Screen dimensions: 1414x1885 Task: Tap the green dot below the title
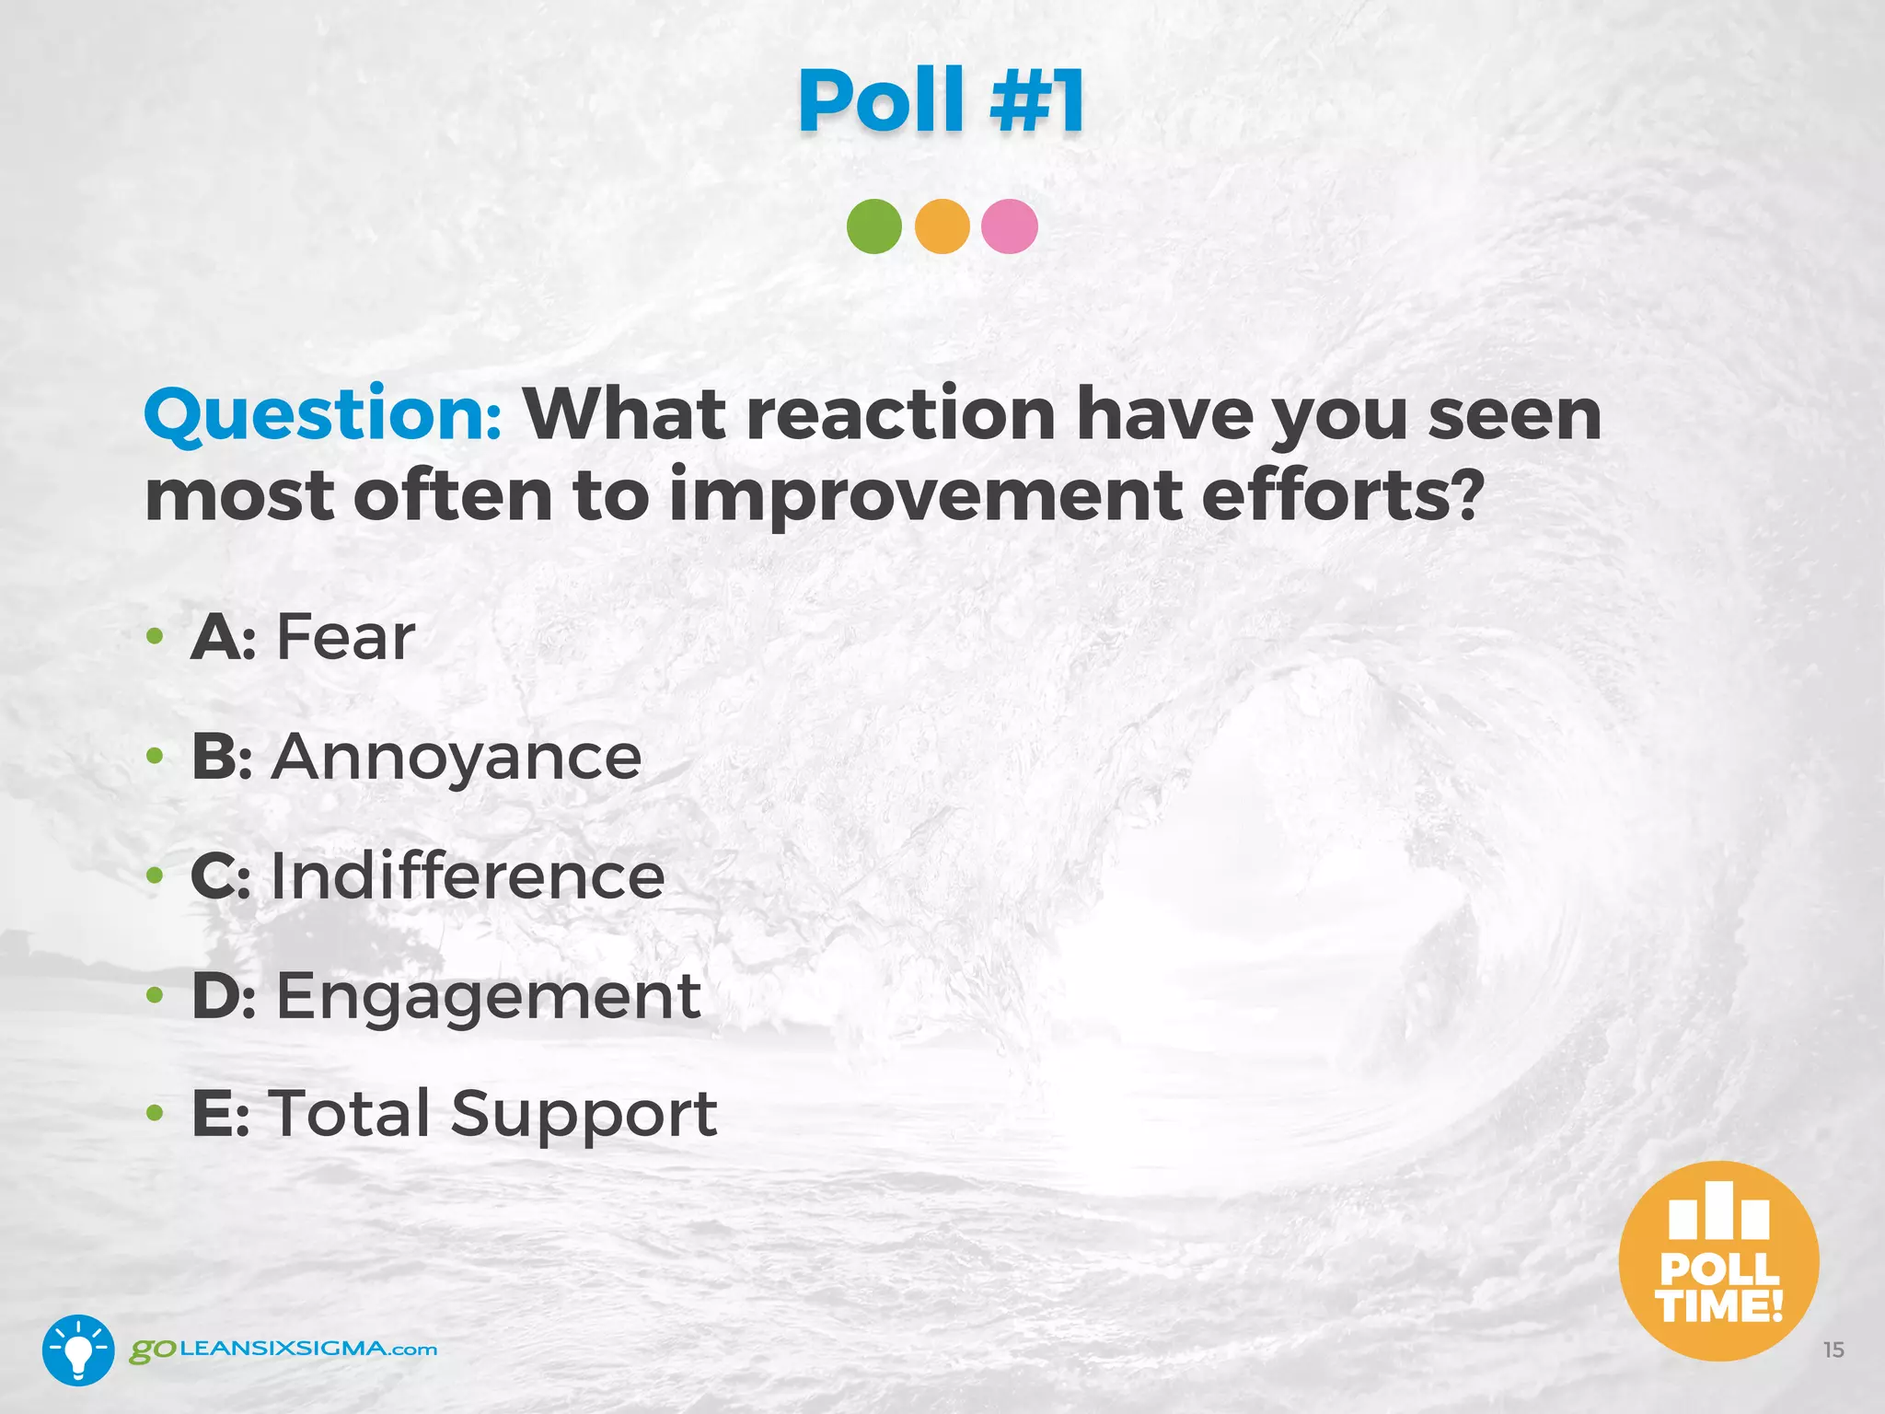pyautogui.click(x=873, y=226)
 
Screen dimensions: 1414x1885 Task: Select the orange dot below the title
pyautogui.click(x=942, y=226)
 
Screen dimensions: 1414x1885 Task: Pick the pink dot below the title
pyautogui.click(x=1010, y=226)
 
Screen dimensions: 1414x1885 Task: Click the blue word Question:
pyautogui.click(x=323, y=416)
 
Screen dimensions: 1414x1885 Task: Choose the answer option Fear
pyautogui.click(x=346, y=637)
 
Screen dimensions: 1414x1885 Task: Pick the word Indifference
pyautogui.click(x=468, y=876)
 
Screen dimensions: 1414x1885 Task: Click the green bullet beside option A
pyautogui.click(x=156, y=637)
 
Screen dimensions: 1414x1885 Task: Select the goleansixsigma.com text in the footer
pyautogui.click(x=283, y=1350)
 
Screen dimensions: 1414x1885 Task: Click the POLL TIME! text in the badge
pyautogui.click(x=1718, y=1288)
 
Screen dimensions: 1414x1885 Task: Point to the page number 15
pyautogui.click(x=1833, y=1350)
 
